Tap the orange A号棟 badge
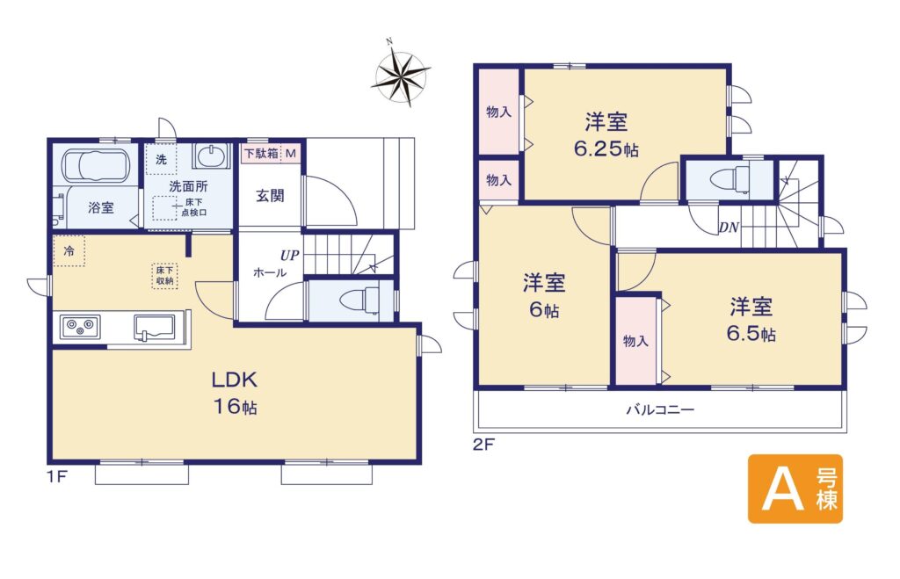[x=795, y=489]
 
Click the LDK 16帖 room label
[x=235, y=393]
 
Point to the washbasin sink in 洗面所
[x=212, y=156]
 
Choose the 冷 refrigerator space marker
[x=69, y=250]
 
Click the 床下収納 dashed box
[x=164, y=275]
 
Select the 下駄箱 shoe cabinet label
[x=262, y=154]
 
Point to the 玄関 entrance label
[x=270, y=195]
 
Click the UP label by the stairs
[x=290, y=256]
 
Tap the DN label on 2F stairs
[x=729, y=228]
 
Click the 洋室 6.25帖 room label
[x=606, y=135]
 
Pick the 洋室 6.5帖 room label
[x=751, y=320]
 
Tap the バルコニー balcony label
[x=660, y=409]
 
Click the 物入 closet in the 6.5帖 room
[x=636, y=340]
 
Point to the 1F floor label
[x=57, y=476]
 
